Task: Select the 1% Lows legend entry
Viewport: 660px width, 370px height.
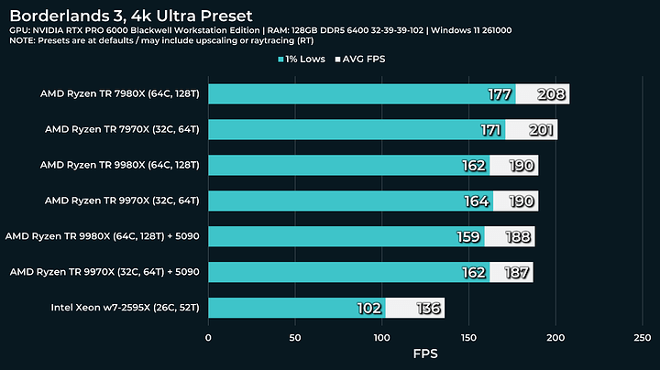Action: [305, 59]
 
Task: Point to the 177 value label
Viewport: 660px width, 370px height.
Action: [499, 94]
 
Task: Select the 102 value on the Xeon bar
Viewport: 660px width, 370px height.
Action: [368, 308]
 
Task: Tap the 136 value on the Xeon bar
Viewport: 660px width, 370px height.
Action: [427, 308]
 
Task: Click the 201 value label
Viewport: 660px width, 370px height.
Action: [541, 130]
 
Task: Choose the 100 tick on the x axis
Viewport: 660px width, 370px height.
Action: [382, 337]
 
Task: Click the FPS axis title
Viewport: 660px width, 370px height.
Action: [425, 353]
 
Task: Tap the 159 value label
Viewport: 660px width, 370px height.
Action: [468, 236]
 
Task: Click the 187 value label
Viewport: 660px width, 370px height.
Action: [517, 272]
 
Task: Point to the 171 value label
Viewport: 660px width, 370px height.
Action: [489, 130]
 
